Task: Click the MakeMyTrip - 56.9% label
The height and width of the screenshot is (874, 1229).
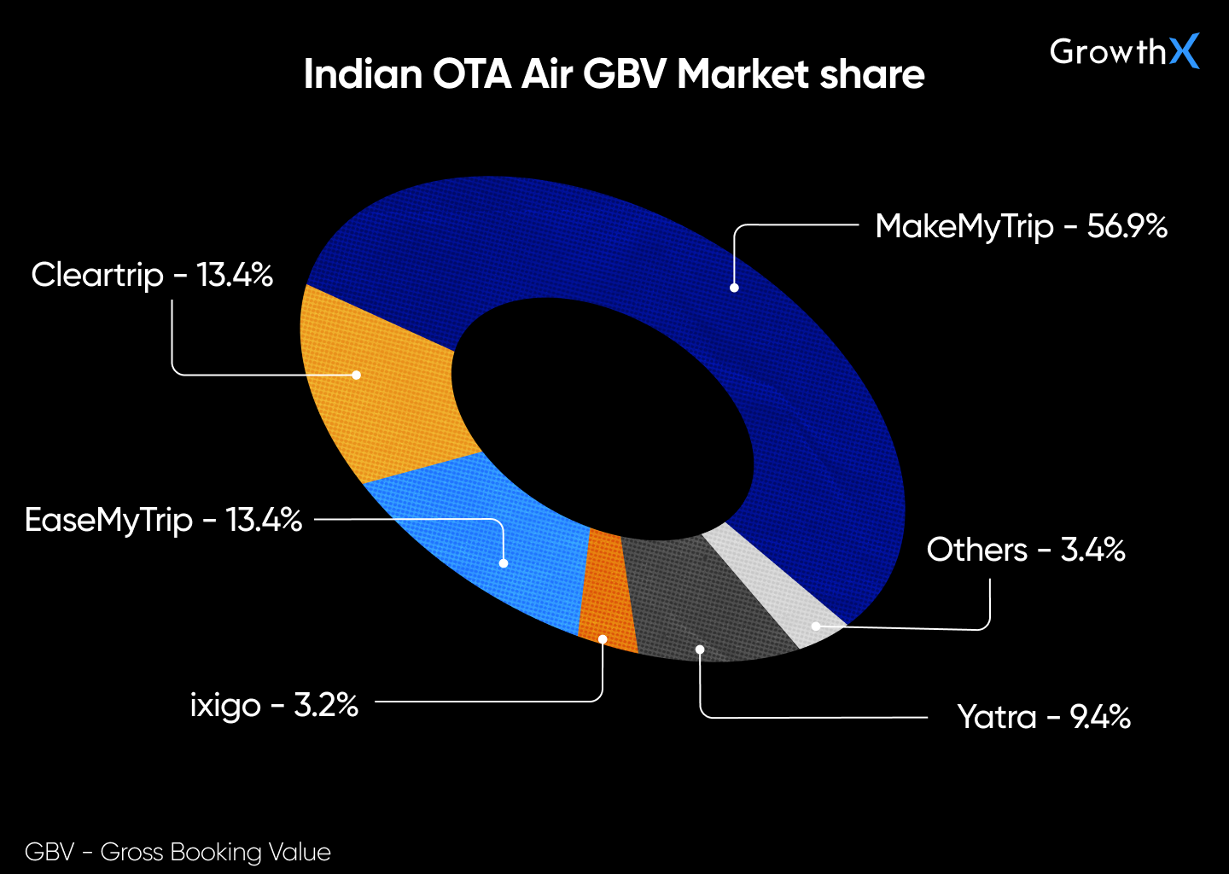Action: pyautogui.click(x=1021, y=226)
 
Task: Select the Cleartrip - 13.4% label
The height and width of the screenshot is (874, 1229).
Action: pyautogui.click(x=152, y=275)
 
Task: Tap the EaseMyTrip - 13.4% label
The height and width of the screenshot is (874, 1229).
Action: pyautogui.click(x=163, y=520)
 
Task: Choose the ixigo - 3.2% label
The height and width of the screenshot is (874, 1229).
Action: pyautogui.click(x=273, y=705)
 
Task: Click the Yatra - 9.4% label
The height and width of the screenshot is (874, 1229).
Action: pyautogui.click(x=1043, y=717)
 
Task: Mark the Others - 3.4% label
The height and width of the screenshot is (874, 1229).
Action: pyautogui.click(x=1025, y=550)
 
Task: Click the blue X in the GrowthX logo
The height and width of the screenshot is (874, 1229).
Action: pyautogui.click(x=1184, y=51)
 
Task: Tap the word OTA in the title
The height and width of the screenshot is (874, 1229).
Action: pyautogui.click(x=472, y=74)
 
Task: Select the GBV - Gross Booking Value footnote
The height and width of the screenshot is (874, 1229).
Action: pyautogui.click(x=178, y=852)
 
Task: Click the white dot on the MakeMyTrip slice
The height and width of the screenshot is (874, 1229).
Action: pyautogui.click(x=734, y=288)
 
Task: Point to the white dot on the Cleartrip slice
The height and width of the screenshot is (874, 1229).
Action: pyautogui.click(x=356, y=375)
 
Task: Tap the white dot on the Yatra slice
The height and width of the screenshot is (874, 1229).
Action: pyautogui.click(x=700, y=650)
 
